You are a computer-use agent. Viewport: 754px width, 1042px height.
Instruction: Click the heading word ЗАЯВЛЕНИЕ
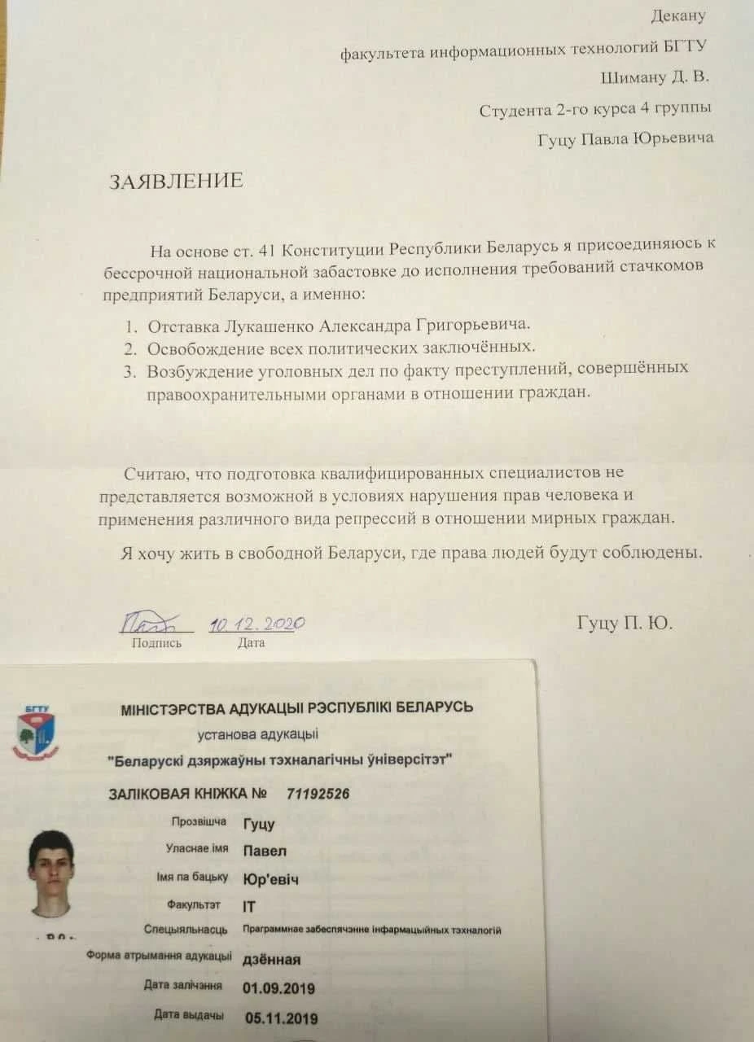tap(176, 181)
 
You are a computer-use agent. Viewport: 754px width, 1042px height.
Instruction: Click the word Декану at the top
tap(678, 15)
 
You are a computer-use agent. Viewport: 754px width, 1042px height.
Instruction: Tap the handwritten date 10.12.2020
tap(256, 624)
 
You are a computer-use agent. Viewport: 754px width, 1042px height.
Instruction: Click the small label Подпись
tap(156, 643)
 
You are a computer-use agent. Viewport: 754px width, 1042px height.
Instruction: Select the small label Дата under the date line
tap(251, 643)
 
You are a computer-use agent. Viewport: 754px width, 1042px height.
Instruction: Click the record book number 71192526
tap(318, 794)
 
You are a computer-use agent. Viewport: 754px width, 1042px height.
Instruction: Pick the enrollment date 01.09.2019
tap(278, 988)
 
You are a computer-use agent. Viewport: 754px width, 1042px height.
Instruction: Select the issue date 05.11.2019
tap(281, 1018)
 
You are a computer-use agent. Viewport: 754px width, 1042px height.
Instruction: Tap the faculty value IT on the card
tap(249, 906)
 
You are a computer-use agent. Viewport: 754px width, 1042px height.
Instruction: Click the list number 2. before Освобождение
tap(129, 348)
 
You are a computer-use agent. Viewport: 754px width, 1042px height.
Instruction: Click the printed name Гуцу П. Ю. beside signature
tap(625, 624)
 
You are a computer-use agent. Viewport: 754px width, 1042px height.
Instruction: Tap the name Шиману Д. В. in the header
tap(654, 77)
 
